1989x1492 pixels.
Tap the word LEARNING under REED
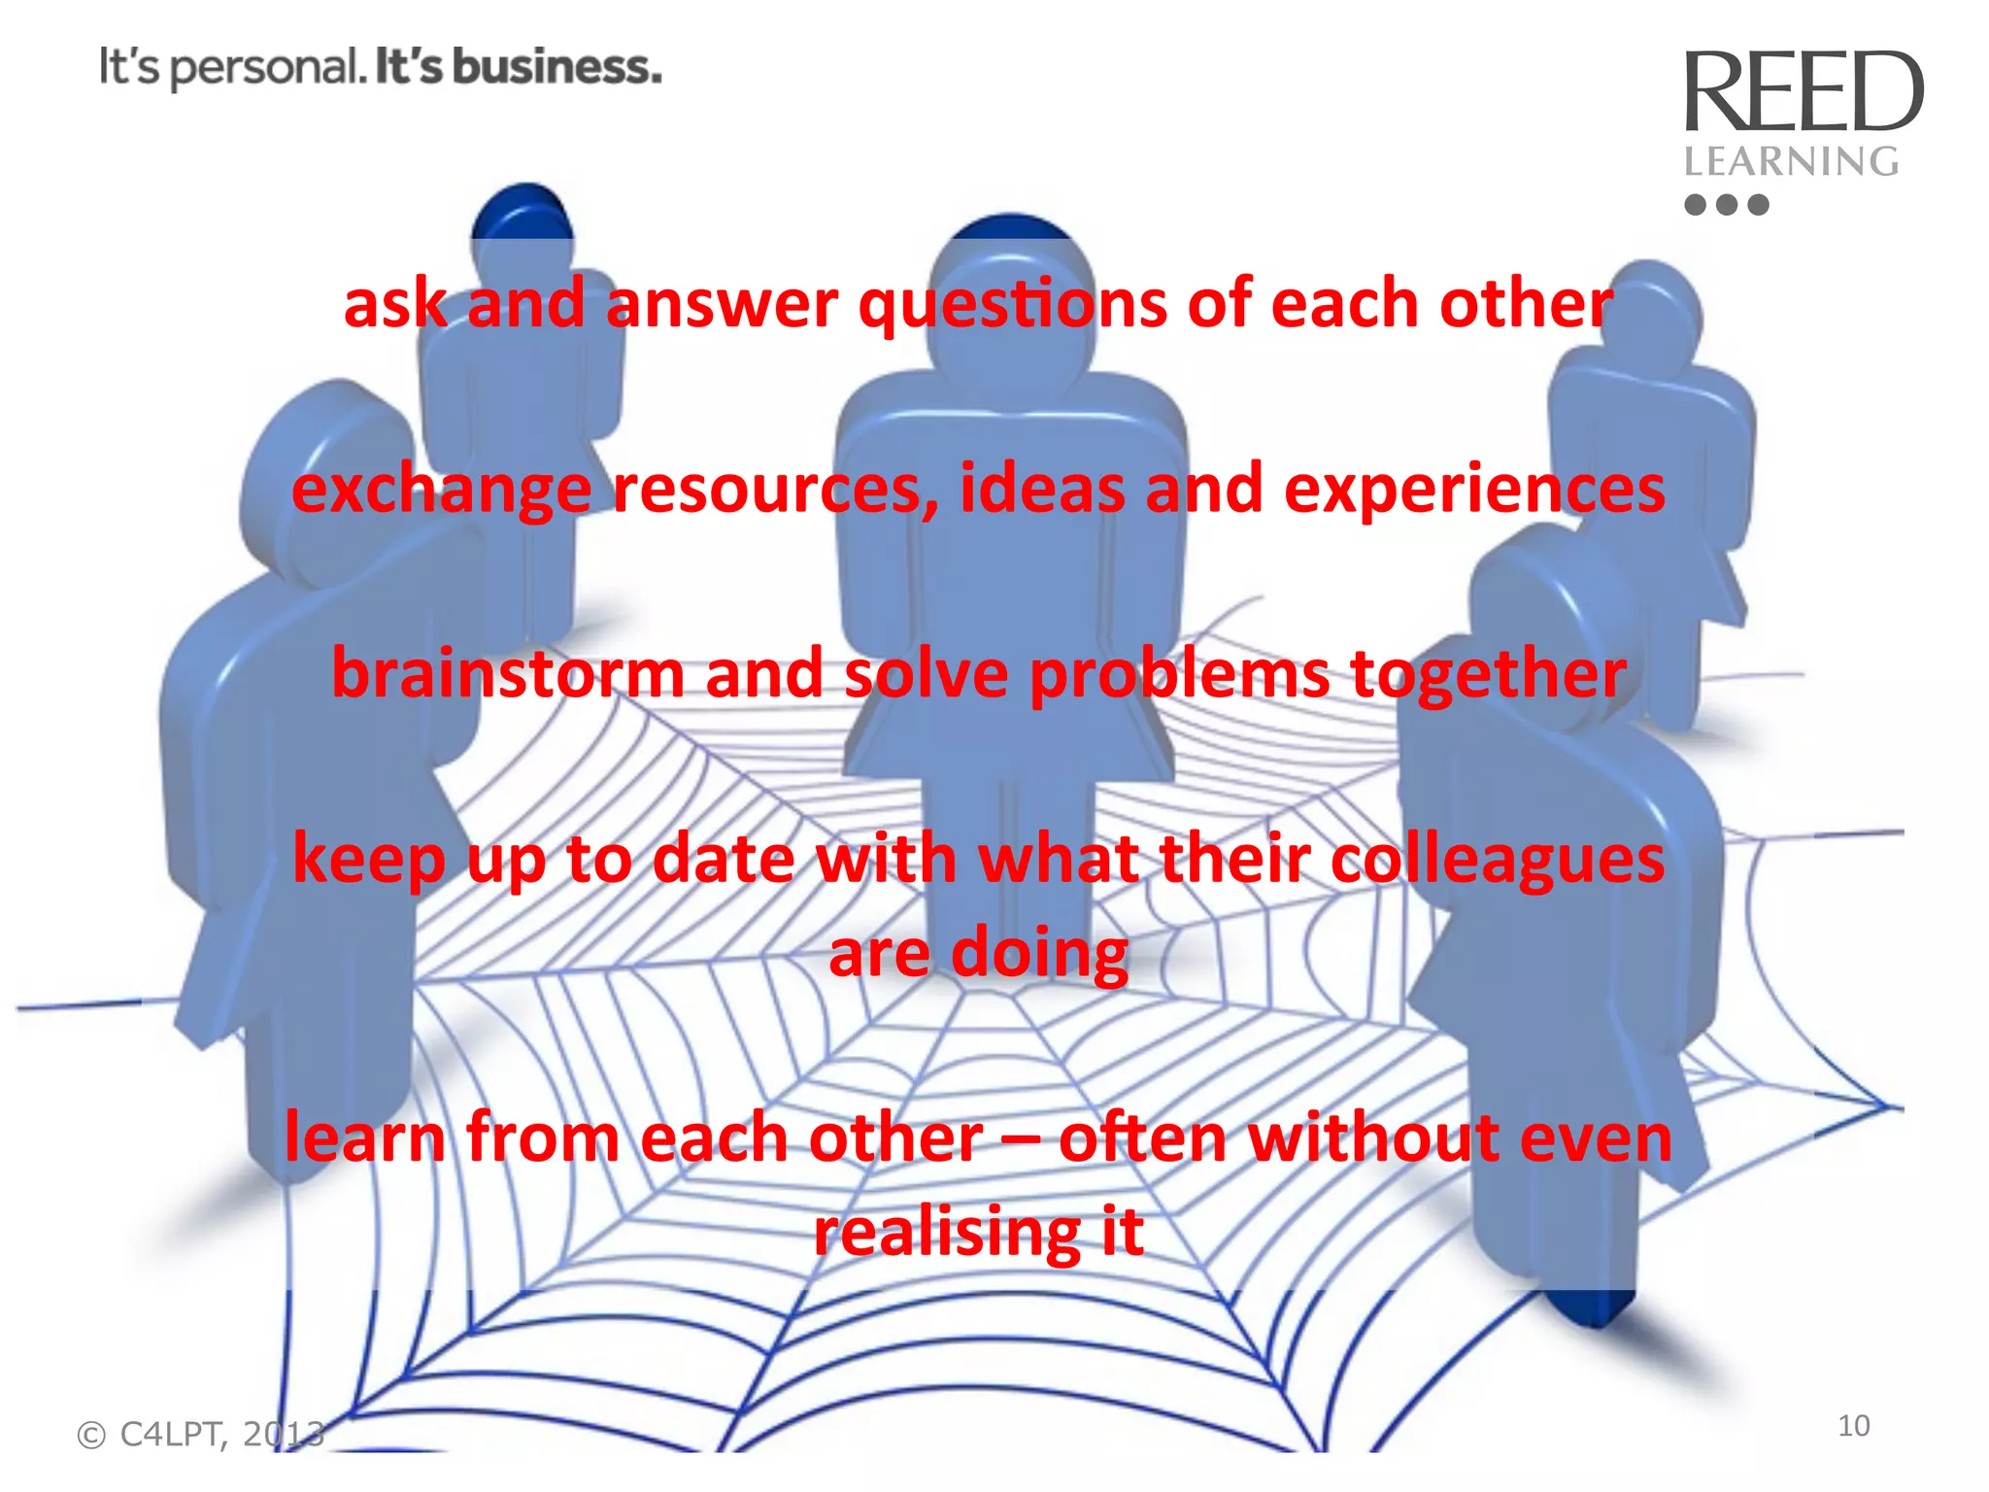pos(1791,161)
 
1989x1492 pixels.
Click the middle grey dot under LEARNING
pos(1726,204)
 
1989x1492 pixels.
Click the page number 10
pos(1853,1425)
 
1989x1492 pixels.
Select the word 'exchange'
pos(442,490)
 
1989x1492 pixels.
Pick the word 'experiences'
pos(1474,488)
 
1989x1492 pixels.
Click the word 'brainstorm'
pos(508,673)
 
